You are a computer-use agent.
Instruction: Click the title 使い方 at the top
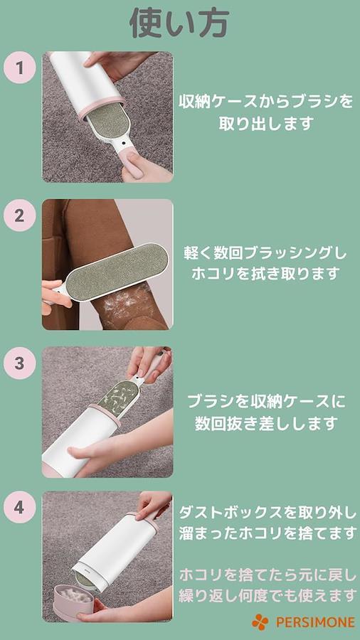179,23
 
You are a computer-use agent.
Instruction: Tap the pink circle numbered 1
20,68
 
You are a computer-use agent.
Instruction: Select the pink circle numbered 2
20,215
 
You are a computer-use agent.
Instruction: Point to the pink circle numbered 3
20,363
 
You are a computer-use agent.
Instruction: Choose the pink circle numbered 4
20,508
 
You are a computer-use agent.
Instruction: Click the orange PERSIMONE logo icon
260,622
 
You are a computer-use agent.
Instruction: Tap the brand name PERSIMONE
315,622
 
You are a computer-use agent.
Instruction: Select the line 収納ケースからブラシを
266,101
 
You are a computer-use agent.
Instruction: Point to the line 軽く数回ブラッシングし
265,253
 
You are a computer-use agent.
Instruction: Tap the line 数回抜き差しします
266,423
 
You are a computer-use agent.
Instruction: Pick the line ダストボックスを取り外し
268,513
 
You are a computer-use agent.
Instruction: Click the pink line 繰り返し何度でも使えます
268,595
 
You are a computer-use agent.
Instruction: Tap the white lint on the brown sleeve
122,300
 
